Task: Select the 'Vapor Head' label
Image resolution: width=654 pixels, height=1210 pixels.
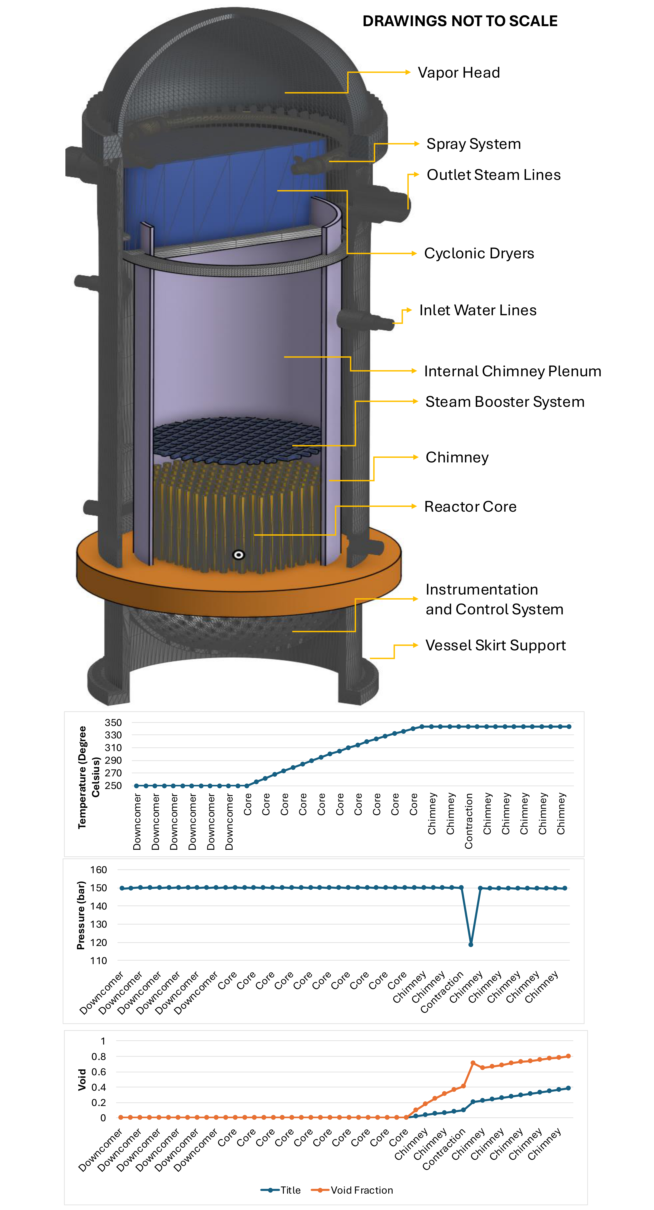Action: pos(458,73)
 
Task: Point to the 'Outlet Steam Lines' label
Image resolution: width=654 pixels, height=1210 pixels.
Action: pos(493,175)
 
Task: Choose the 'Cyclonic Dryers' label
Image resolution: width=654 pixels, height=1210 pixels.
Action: pos(479,253)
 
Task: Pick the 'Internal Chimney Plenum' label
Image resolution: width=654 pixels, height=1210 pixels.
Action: pos(512,371)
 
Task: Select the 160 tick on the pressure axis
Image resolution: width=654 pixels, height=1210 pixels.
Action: pos(99,869)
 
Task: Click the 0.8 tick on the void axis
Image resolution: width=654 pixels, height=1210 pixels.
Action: pos(99,1056)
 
